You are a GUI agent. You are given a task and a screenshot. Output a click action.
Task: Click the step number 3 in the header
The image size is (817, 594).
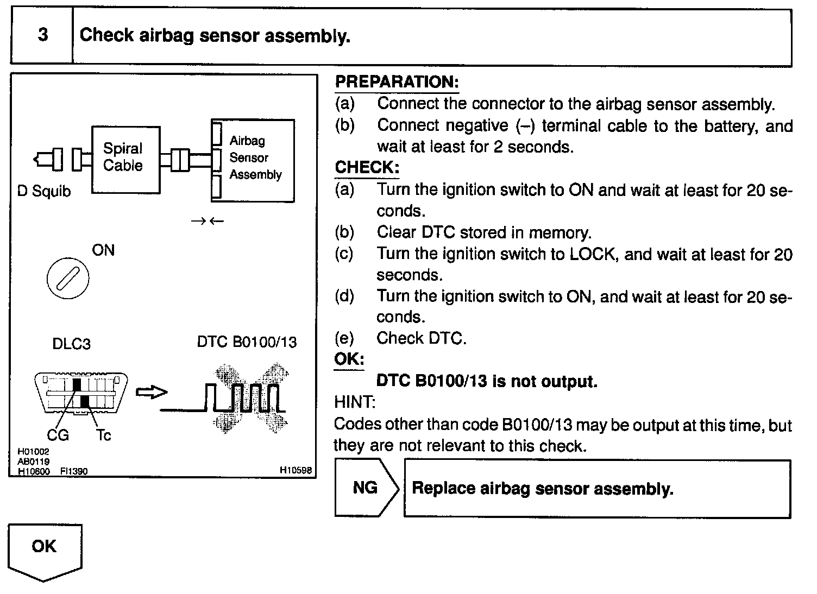coord(42,35)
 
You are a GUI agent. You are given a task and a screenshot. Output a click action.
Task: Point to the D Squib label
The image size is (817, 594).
coord(44,191)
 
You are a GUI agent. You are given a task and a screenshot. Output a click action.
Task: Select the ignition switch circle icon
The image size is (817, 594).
coord(68,279)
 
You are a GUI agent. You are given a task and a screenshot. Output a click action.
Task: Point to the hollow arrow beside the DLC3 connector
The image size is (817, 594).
coord(151,392)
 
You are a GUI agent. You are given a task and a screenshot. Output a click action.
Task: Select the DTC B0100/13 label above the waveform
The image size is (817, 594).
coord(247,342)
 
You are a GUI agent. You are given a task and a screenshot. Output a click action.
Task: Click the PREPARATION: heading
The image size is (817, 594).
coord(397,82)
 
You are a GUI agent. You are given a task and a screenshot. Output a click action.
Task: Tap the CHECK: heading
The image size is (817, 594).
coord(367,167)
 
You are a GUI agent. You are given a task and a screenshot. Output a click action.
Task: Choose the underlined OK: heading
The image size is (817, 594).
coord(349,359)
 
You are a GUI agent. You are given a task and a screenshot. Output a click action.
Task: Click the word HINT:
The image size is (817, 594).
coord(354,402)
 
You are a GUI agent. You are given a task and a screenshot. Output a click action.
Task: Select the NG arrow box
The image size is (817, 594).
coord(366,488)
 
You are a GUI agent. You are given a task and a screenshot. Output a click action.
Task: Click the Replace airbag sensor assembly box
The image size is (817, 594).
coord(596,488)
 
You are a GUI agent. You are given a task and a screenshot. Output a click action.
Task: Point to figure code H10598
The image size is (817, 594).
coord(296,471)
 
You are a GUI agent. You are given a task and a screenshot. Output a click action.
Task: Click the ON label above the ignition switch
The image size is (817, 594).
coord(103,250)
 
